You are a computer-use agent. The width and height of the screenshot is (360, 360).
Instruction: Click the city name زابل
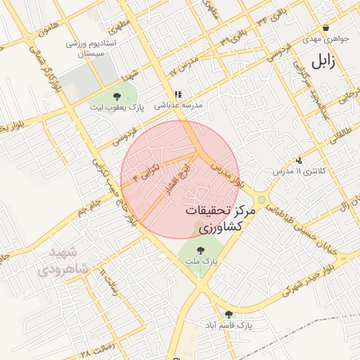point(323,62)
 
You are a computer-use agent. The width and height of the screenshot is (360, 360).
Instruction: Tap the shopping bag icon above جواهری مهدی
point(306,29)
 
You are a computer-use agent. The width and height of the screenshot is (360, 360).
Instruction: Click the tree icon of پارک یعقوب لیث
point(116,96)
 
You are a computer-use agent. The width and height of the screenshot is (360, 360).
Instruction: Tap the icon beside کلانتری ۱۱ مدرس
point(300,160)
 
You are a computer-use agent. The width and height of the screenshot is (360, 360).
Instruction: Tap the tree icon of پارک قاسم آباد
point(229,314)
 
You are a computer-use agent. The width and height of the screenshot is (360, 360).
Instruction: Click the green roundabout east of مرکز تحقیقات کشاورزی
point(262,200)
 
